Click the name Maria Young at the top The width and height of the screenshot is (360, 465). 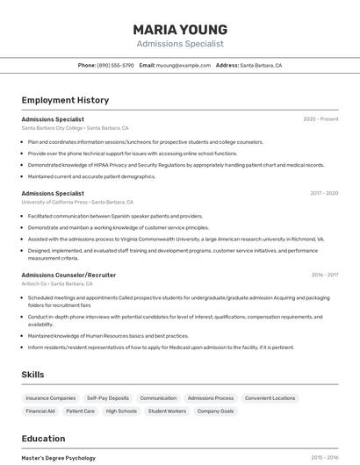coord(180,29)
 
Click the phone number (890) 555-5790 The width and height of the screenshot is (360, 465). coord(115,65)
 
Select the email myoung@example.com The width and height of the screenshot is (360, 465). coord(184,65)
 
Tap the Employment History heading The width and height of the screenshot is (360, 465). coord(65,100)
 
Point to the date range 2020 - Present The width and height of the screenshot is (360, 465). coord(320,118)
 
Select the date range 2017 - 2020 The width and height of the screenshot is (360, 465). coord(323,193)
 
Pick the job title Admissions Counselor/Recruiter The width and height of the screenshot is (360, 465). coord(68,275)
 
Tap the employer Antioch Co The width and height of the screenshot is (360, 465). coord(34,283)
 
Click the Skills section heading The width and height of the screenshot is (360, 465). coord(33,375)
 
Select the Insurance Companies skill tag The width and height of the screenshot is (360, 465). coord(50,398)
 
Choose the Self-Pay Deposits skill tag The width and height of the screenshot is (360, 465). coord(107,398)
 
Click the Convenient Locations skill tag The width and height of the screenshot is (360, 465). coord(270,398)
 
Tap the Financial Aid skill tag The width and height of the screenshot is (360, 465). coord(40,411)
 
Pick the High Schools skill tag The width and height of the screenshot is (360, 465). coord(121,411)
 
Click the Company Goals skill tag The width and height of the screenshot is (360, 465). coord(215,411)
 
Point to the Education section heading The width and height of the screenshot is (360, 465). coord(43,439)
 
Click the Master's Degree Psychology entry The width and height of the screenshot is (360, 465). coord(59,458)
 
